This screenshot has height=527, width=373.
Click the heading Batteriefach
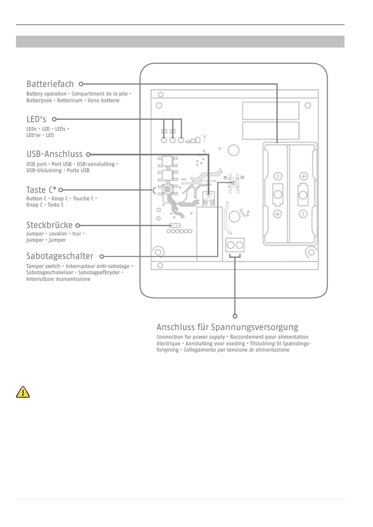(50, 84)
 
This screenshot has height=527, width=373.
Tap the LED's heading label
(36, 119)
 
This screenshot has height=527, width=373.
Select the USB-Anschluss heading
(54, 154)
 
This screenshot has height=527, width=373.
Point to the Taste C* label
(41, 190)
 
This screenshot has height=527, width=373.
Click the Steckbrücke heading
(49, 225)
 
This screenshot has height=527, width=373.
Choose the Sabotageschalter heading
(60, 256)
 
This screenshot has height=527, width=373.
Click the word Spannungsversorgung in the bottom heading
(254, 327)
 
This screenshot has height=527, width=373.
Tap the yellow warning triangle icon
(23, 392)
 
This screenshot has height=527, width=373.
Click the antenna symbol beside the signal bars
(205, 138)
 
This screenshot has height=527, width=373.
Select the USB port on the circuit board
(208, 199)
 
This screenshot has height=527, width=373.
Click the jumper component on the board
(175, 225)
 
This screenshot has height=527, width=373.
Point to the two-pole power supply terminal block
(235, 245)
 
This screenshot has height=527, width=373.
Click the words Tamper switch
(43, 266)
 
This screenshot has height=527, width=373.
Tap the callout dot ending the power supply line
(235, 316)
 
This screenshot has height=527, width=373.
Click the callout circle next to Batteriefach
(81, 84)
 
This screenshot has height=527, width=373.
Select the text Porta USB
(78, 171)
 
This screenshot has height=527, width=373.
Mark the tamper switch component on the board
(233, 182)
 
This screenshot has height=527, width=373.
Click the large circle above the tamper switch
(233, 150)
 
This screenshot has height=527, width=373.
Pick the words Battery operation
(46, 94)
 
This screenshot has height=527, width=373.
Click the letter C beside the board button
(154, 191)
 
